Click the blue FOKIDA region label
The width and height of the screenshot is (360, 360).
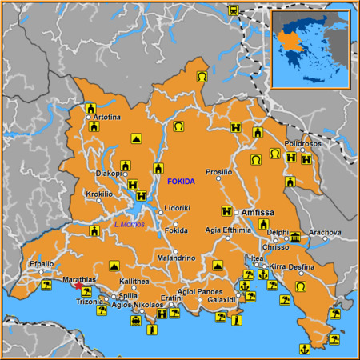coord(181,182)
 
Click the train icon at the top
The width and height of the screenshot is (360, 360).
coord(233,11)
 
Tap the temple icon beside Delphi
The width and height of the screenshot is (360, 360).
coord(295,237)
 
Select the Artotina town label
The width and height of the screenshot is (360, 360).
coord(107,117)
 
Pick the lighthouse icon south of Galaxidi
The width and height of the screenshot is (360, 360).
coord(236,320)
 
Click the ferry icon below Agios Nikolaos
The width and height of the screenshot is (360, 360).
coord(136,321)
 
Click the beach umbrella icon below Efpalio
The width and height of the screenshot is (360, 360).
coord(47,285)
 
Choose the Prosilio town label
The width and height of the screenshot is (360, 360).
coord(218,172)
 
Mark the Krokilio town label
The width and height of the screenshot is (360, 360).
coord(100,194)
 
